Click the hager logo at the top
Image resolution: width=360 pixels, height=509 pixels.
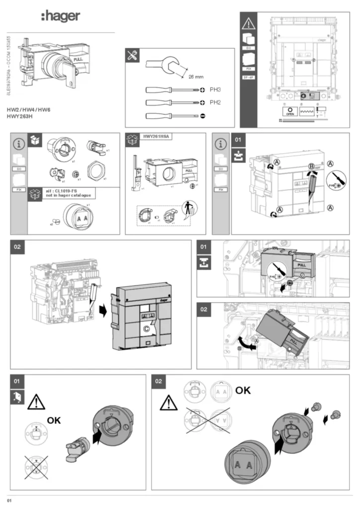point(60,17)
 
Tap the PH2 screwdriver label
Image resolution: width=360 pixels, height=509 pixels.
point(215,102)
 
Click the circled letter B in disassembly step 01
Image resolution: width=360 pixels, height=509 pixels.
point(312,166)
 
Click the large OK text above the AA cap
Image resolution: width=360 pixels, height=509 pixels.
point(243,390)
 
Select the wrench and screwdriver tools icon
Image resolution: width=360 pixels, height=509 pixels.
point(133,56)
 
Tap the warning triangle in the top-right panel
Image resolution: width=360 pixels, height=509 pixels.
point(248,22)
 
